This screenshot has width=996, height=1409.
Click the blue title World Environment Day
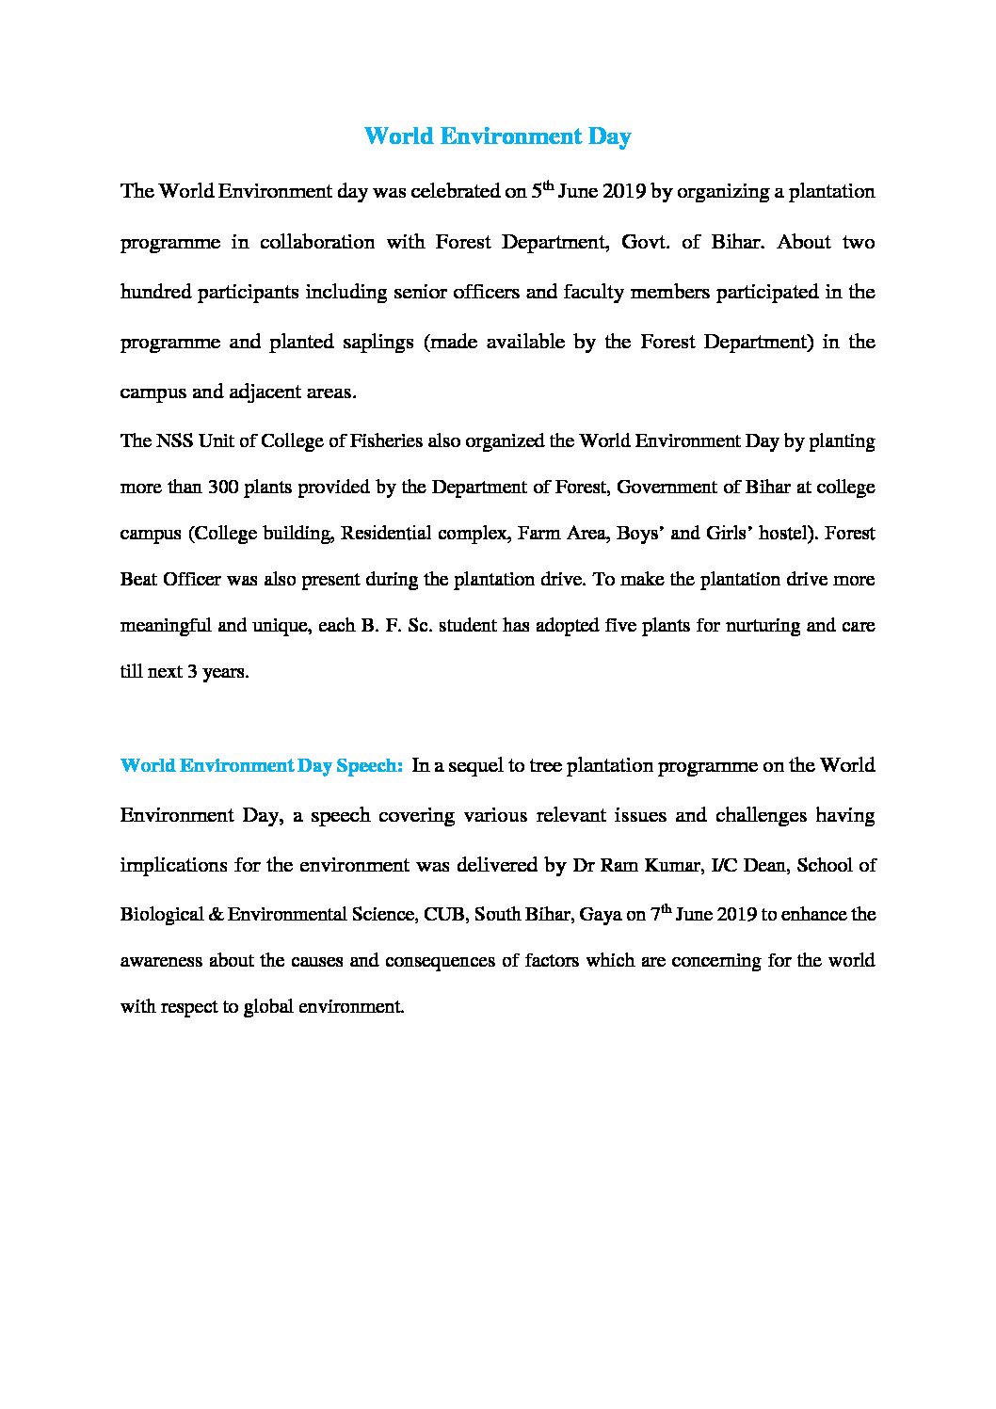tap(497, 136)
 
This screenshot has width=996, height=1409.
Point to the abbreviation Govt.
tap(640, 242)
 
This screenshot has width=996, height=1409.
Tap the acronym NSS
tap(174, 440)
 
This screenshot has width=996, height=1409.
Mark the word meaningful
tap(166, 626)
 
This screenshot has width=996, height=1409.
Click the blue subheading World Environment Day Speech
tap(262, 765)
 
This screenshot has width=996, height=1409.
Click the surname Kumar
tap(671, 865)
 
